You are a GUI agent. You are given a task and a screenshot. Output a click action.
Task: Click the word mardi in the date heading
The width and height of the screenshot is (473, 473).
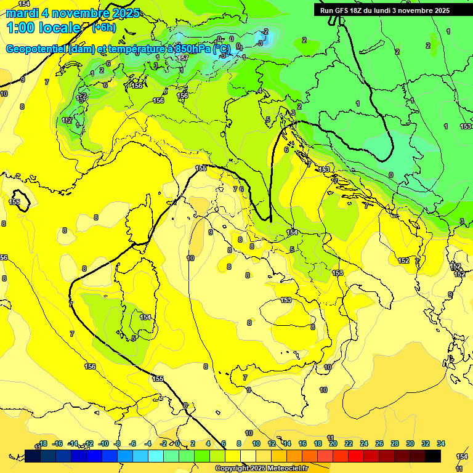[x=22, y=13]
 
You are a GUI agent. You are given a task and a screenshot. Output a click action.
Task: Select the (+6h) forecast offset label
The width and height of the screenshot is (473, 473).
[x=103, y=28]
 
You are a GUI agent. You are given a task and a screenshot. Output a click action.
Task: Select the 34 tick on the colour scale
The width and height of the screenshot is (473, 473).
[x=440, y=443]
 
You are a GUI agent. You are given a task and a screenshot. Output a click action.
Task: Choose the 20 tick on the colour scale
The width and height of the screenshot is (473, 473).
[x=333, y=443]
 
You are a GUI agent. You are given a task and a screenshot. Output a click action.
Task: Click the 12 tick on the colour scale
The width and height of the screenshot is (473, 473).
[x=272, y=443]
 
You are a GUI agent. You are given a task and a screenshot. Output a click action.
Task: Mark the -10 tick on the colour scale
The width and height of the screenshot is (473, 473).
[x=103, y=443]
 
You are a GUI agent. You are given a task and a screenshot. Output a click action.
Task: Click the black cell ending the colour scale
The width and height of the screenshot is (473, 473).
[x=433, y=456]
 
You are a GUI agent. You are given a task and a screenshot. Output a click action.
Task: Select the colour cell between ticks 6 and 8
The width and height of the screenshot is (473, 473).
[x=233, y=456]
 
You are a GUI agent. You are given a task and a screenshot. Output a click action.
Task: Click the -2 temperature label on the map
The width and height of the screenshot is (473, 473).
[x=265, y=31]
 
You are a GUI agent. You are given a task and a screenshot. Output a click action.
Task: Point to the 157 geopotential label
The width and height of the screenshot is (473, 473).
[x=183, y=58]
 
